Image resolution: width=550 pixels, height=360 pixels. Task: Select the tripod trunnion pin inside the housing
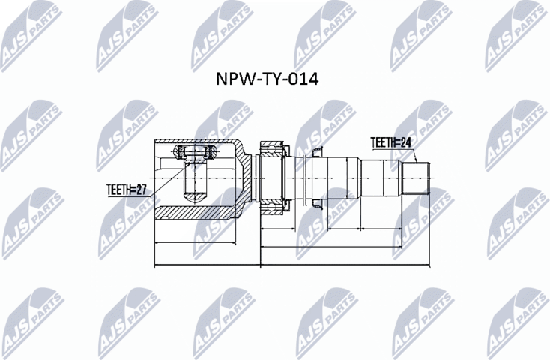point(195,176)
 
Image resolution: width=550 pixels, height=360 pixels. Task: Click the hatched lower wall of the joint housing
point(199,212)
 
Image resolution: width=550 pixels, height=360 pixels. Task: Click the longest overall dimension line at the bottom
point(292,265)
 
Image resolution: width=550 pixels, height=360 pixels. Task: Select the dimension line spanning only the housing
point(199,244)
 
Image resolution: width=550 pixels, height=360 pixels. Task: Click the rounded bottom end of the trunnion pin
point(195,196)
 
